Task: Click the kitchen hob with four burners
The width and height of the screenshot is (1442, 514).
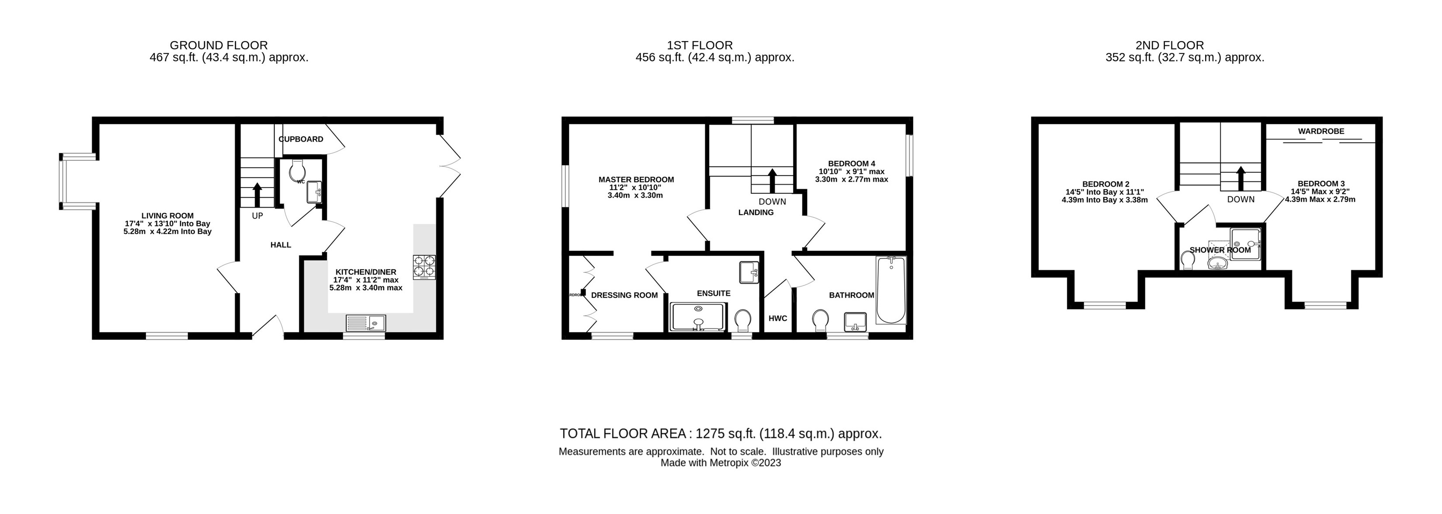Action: point(424,267)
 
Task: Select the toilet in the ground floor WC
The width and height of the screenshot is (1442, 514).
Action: point(297,170)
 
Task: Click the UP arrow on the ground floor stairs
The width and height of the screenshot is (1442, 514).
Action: point(257,195)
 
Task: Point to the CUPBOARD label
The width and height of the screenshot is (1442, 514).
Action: point(301,139)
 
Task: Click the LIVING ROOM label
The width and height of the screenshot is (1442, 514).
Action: point(167,215)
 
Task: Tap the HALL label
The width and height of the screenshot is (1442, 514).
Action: point(281,245)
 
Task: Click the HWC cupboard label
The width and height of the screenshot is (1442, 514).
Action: point(777,318)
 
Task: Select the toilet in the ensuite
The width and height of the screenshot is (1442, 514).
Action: point(743,321)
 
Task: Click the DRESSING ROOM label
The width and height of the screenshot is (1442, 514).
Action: point(624,295)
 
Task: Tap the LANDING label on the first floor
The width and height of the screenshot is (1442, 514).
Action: point(756,212)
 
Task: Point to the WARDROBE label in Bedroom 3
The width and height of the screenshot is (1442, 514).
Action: point(1321,131)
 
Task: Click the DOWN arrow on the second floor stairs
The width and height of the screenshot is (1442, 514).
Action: point(1241,177)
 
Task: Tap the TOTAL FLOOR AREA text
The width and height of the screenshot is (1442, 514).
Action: point(721,434)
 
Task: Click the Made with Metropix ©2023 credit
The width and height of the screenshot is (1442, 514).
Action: point(721,463)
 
